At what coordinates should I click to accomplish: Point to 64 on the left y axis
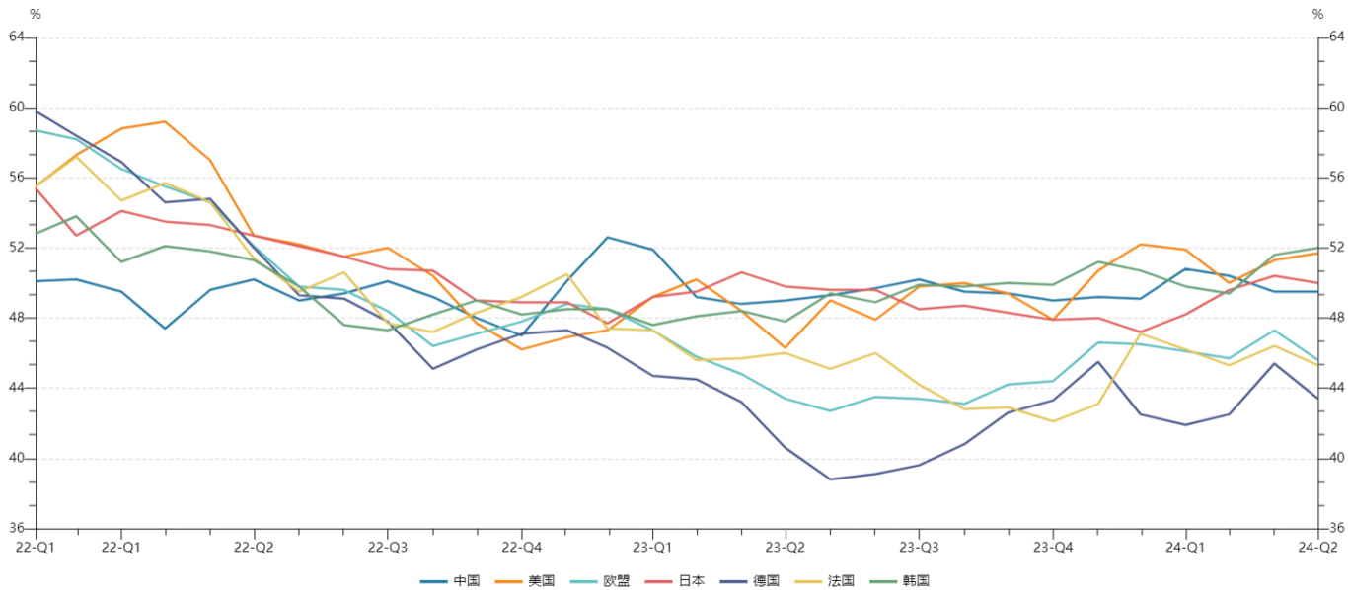coord(16,37)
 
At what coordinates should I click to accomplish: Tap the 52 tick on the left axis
coord(16,248)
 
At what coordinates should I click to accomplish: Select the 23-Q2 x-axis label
coord(786,546)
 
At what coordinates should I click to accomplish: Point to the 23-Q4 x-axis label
coord(1053,546)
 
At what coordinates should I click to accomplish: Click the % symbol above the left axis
coord(36,14)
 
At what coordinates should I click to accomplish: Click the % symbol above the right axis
coord(1317,14)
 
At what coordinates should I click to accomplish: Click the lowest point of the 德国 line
coord(830,479)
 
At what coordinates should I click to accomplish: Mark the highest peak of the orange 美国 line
coord(164,121)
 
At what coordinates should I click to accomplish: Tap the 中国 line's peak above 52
coord(608,237)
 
